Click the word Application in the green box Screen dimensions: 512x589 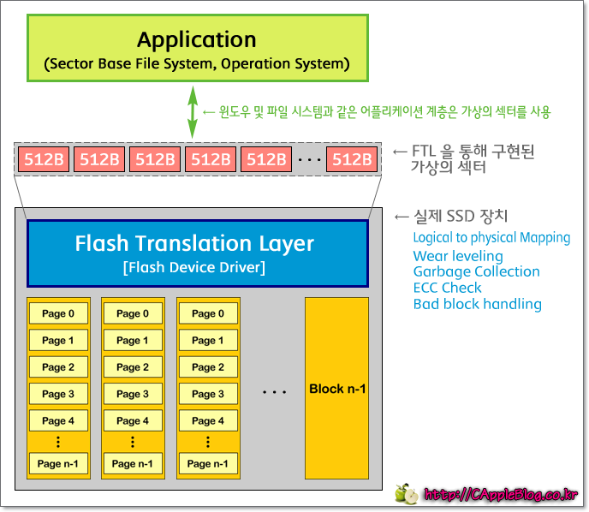[x=196, y=39]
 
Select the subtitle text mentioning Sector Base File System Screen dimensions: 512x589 [x=196, y=64]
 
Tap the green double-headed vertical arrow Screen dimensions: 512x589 [x=193, y=111]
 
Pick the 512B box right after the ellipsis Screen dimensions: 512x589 [x=351, y=159]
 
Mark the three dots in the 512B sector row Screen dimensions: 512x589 [x=309, y=160]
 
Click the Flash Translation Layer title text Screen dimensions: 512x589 [x=194, y=243]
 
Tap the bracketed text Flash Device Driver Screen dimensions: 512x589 [x=194, y=268]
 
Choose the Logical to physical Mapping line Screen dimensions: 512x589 [x=491, y=238]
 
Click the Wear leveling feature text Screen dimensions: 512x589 [x=458, y=256]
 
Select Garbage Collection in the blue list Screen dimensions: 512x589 [x=476, y=272]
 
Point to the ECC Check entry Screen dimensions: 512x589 [x=447, y=288]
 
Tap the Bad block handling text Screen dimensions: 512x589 [x=477, y=304]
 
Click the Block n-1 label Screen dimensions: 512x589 [x=337, y=389]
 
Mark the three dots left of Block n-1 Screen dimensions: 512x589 [x=274, y=392]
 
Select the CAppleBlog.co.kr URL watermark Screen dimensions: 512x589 [x=501, y=495]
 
